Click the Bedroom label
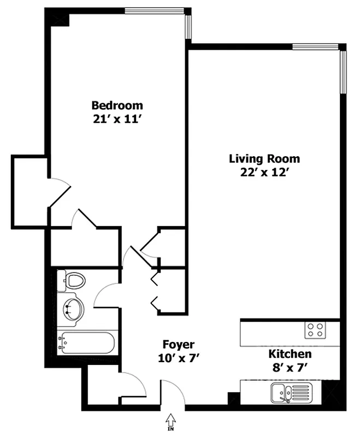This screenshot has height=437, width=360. (117, 105)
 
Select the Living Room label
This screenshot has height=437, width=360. (264, 159)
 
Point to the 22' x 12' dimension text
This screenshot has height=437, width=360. (264, 173)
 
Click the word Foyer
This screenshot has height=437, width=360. (178, 345)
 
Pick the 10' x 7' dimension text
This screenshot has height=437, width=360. (179, 358)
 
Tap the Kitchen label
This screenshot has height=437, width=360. (290, 354)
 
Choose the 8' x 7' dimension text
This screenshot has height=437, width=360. (290, 368)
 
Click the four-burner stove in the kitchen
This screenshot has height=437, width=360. (315, 330)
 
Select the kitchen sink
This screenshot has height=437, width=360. (292, 392)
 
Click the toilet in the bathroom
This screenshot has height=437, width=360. (71, 280)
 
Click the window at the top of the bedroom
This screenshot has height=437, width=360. (154, 11)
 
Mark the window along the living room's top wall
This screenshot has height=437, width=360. (315, 47)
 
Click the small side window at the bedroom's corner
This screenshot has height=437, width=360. (188, 27)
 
